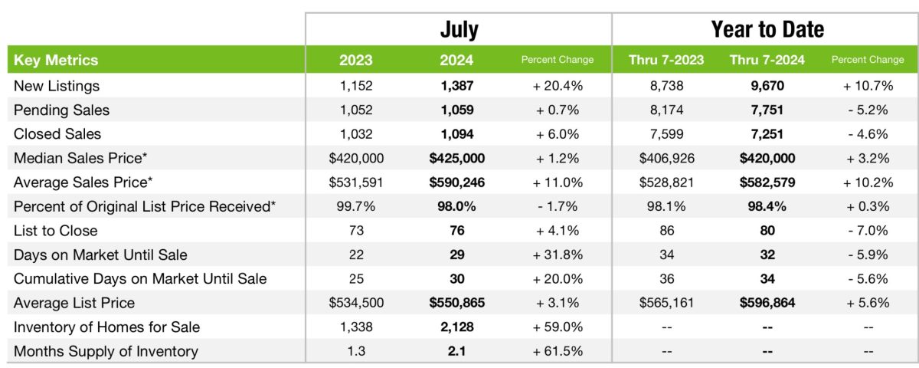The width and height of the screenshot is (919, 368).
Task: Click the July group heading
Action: coord(459,29)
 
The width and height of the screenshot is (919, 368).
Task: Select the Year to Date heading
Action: coord(767,29)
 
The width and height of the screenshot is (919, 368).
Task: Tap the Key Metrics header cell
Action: coord(56,60)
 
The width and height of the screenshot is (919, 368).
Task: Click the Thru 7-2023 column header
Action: coord(666,60)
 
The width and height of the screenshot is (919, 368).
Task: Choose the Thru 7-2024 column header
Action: coord(767,60)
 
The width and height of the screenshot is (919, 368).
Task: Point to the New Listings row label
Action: coord(57,86)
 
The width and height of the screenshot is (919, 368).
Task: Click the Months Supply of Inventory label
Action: coord(106,351)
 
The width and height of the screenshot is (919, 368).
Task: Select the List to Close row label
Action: coord(56,231)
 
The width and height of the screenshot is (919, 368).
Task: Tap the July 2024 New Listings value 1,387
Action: coord(456,86)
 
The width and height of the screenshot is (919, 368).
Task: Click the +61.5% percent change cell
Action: coord(558,351)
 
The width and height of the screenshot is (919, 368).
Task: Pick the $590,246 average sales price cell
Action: coord(456,182)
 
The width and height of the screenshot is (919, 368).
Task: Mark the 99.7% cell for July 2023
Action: coord(356,206)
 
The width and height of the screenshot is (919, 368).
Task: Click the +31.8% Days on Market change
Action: coord(558,255)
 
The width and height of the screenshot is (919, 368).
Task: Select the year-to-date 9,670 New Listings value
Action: coord(767,86)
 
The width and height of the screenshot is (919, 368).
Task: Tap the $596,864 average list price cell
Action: coord(767,303)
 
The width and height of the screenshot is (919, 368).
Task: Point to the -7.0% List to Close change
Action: coord(867,231)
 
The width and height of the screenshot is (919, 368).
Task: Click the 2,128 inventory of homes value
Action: coord(456,327)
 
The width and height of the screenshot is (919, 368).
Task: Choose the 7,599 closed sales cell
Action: coord(666,134)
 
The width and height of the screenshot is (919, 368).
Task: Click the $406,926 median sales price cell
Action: coord(666,158)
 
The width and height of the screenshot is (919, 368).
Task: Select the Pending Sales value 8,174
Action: coord(666,110)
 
